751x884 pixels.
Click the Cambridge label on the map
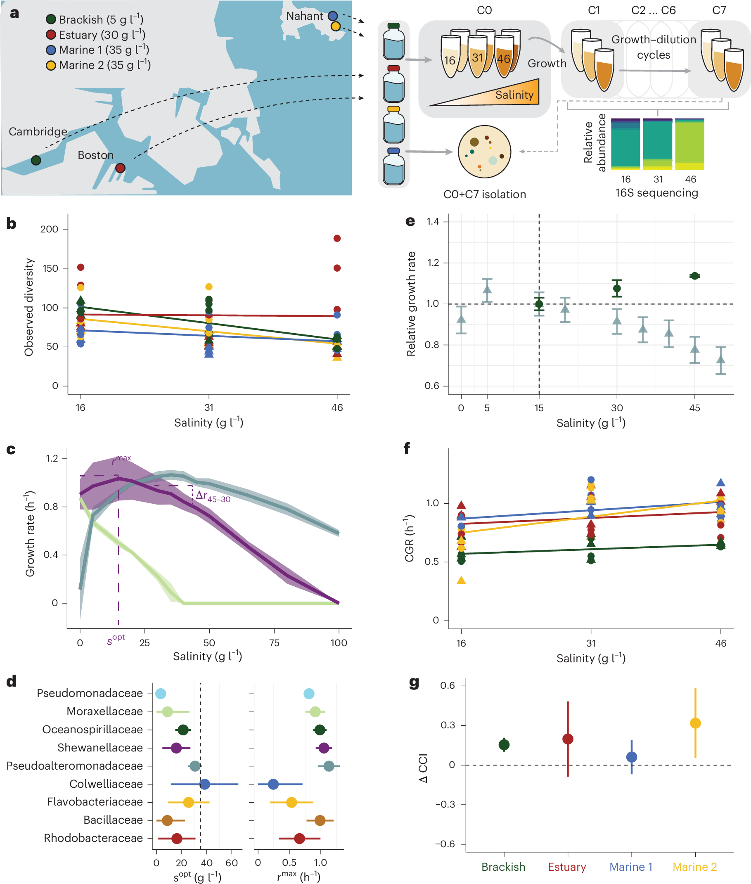[x=38, y=132]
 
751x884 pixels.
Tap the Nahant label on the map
[x=304, y=16]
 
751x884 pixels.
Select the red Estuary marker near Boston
[x=121, y=168]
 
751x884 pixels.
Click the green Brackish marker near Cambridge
[x=36, y=160]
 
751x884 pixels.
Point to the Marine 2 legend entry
[x=98, y=65]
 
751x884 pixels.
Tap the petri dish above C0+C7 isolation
[x=484, y=152]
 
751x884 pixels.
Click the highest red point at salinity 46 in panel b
[x=337, y=239]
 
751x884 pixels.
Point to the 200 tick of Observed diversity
[x=50, y=230]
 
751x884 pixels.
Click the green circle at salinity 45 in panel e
[x=694, y=276]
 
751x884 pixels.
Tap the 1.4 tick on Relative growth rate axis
[x=433, y=221]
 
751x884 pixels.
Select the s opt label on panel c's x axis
[x=116, y=639]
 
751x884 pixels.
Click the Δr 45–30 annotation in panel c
[x=213, y=496]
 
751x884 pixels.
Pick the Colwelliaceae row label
[x=106, y=784]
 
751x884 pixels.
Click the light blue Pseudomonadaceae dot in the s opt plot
[x=161, y=694]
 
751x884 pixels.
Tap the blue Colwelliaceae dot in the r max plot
[x=273, y=784]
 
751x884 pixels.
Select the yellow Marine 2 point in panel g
[x=695, y=723]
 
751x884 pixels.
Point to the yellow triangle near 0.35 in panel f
[x=461, y=580]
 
